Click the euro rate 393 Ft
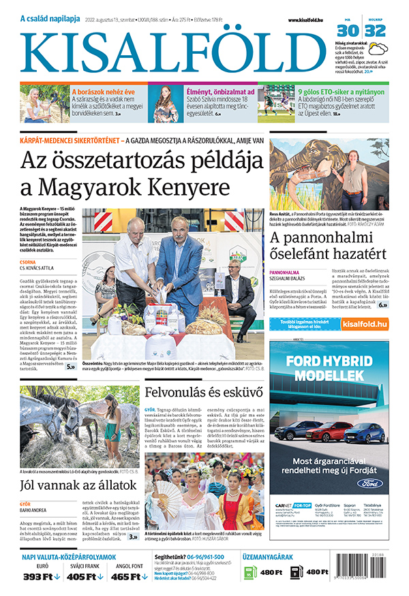coord(40,576)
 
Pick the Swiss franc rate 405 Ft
coord(86,576)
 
